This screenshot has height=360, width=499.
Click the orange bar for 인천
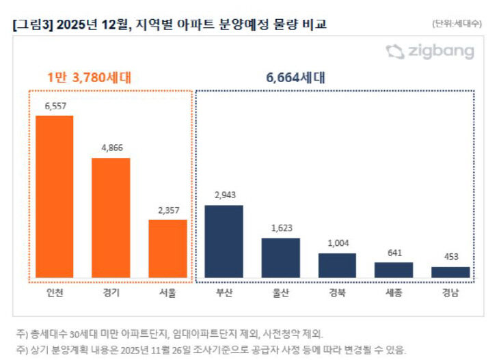[55, 197]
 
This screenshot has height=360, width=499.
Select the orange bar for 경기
[111, 217]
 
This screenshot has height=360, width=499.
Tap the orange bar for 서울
[167, 248]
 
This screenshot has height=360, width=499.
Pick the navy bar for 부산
[224, 241]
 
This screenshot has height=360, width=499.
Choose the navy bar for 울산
[280, 258]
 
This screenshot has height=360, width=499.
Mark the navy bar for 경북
[337, 265]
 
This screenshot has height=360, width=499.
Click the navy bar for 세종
[394, 270]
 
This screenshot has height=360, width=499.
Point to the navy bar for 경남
[450, 272]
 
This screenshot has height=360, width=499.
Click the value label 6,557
[55, 107]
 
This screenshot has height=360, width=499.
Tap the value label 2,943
[224, 196]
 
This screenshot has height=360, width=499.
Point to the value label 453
[450, 258]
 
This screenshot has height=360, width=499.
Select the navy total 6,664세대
[295, 77]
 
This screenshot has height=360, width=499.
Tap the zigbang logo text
[440, 52]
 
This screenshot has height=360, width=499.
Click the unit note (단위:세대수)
[457, 23]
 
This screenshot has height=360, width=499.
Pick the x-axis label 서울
[167, 294]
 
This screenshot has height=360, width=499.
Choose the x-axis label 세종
[394, 294]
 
